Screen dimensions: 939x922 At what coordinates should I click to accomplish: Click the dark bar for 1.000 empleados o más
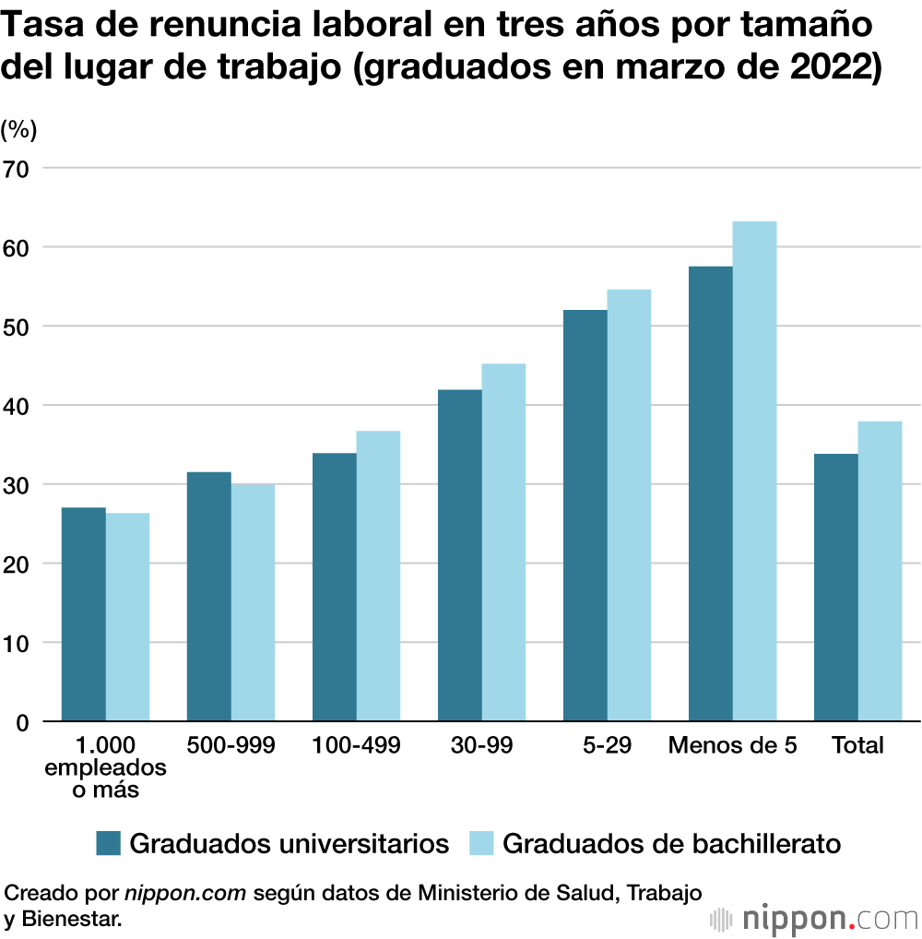point(84,614)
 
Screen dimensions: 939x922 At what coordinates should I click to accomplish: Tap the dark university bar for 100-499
point(335,587)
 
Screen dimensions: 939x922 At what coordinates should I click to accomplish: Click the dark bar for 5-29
point(585,516)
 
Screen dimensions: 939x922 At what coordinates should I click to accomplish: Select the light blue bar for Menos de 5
point(754,471)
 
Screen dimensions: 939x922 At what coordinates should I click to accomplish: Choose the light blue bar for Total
point(880,571)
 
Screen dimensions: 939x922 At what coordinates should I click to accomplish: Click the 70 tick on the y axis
point(18,169)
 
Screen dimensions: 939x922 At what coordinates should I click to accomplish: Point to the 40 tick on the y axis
point(18,406)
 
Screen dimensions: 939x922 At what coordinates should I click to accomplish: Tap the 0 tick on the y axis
point(23,722)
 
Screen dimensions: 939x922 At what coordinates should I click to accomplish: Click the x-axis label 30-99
point(481,745)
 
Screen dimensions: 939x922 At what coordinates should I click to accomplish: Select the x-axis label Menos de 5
point(733,745)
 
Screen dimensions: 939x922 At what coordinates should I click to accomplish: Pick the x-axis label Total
point(857,745)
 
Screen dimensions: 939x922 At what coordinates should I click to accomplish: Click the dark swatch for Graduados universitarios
point(109,843)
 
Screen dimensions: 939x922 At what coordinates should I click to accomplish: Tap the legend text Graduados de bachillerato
point(672,843)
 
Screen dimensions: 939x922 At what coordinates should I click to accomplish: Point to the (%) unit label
point(18,130)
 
